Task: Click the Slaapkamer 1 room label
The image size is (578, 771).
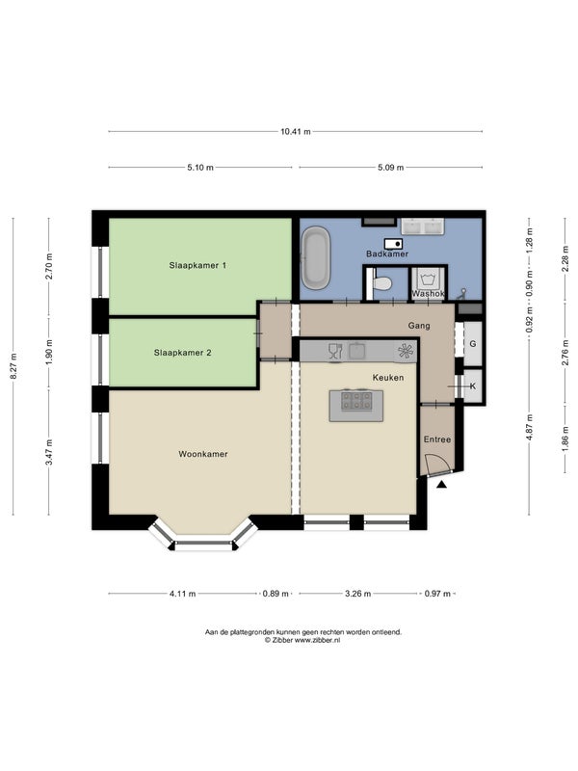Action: click(x=197, y=266)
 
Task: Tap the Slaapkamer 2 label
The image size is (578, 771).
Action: click(x=182, y=353)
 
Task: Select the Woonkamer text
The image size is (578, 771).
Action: click(x=203, y=454)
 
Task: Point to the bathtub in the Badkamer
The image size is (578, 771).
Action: click(x=315, y=257)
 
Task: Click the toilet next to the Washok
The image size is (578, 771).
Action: click(x=380, y=282)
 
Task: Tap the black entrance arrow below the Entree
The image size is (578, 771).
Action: click(x=442, y=485)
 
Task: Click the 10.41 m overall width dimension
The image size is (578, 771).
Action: click(x=296, y=131)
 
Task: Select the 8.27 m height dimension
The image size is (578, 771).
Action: click(x=14, y=366)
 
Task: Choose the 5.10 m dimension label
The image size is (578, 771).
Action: click(x=200, y=167)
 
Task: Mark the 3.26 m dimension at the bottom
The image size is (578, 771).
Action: click(x=357, y=594)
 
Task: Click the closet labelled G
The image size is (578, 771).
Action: click(x=473, y=344)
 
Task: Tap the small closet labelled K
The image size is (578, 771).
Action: click(x=473, y=386)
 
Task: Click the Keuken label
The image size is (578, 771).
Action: click(x=388, y=378)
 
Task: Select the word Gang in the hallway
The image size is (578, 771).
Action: click(x=419, y=326)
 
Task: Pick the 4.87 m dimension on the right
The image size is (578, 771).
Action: click(x=529, y=427)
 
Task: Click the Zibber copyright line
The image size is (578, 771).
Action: click(x=302, y=640)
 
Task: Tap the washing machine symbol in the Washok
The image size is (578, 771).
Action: click(x=427, y=280)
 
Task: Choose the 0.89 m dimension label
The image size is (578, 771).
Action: click(x=276, y=594)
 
